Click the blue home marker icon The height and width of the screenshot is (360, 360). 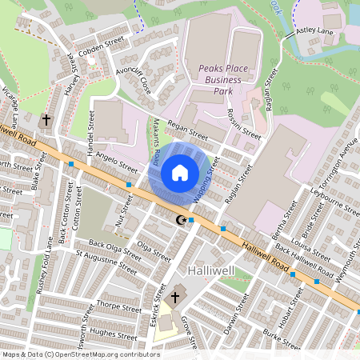[x=180, y=172]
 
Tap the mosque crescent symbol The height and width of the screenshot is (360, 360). [x=181, y=219]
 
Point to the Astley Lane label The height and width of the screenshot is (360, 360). [x=314, y=30]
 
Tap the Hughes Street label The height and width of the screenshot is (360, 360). [x=109, y=331]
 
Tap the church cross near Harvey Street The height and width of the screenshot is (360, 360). [x=46, y=121]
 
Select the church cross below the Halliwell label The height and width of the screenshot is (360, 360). [x=175, y=297]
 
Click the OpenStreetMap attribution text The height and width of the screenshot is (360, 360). [x=80, y=354]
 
